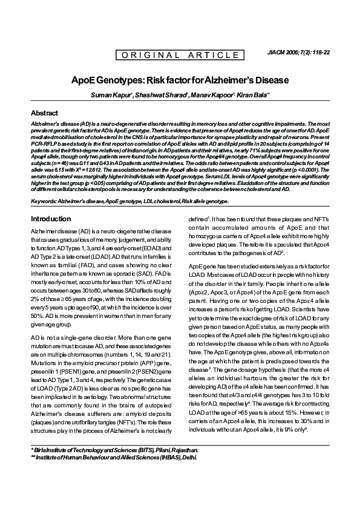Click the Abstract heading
pos(45,113)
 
